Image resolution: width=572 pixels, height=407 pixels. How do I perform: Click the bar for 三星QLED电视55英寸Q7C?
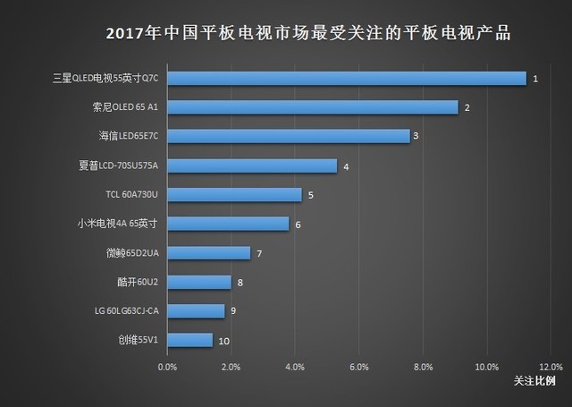[347, 79]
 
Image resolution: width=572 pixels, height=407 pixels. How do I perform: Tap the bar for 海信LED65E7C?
[289, 136]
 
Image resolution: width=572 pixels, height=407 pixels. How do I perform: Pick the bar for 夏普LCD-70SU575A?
[252, 165]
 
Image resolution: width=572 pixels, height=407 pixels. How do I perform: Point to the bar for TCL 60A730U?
[234, 194]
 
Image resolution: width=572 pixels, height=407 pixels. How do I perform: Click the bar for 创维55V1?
[189, 340]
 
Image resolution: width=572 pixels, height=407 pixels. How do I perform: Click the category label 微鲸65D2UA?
[131, 253]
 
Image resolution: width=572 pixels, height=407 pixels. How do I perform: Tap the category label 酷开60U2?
[137, 283]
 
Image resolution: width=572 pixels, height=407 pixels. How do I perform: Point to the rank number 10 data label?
[224, 341]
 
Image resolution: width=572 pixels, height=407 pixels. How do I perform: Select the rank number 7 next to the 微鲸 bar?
[258, 253]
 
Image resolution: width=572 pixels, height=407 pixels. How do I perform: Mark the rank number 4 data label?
[345, 166]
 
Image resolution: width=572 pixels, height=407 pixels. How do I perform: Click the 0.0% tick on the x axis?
[167, 367]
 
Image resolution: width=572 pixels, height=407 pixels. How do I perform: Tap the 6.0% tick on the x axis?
[358, 367]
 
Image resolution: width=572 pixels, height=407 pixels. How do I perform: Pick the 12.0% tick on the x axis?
[551, 367]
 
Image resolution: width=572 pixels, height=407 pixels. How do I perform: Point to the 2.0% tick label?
[231, 367]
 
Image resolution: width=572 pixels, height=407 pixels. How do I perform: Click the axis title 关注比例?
[534, 381]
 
